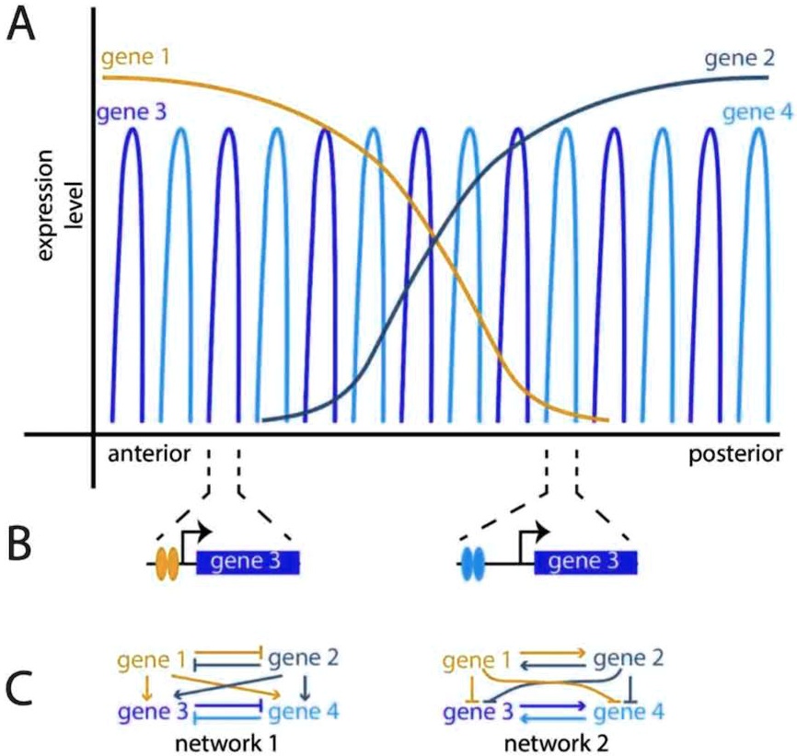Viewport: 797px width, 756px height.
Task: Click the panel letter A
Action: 22,27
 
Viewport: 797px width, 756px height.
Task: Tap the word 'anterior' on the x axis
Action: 149,454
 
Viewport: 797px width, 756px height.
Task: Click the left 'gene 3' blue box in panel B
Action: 248,562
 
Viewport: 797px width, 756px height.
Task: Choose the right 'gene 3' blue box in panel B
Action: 585,562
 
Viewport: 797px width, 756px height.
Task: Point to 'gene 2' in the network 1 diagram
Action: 303,659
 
